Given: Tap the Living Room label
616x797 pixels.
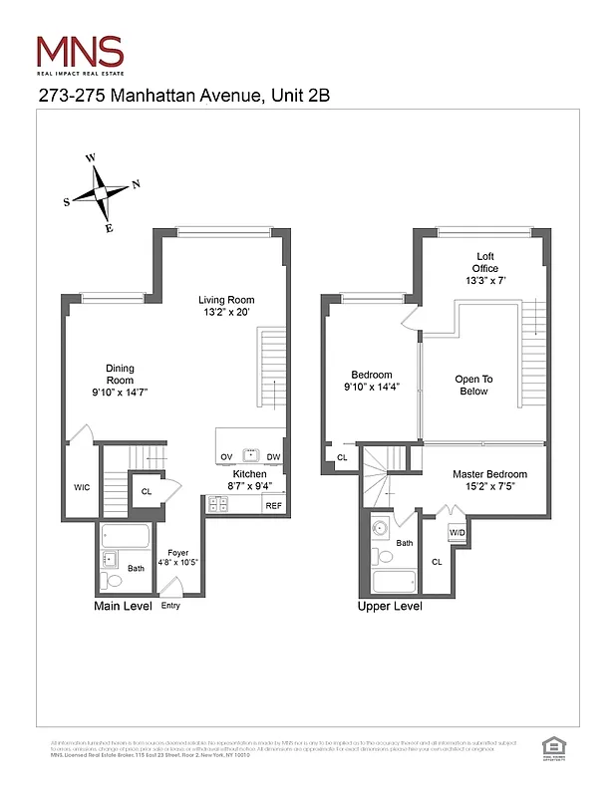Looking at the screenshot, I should coord(225,306).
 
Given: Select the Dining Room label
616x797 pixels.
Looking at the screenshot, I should coord(120,381).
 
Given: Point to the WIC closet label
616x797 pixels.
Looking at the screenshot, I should coord(82,487).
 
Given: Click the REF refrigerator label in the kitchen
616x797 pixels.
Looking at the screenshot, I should coord(273,506).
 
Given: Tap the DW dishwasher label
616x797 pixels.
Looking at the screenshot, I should coord(273,457).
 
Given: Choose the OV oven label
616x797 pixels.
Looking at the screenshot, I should coord(226,457).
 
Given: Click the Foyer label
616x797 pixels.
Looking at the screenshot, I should coord(177,556).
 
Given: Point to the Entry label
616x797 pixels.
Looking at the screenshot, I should coord(170,606).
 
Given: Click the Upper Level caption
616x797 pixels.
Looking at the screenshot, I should coord(389,606).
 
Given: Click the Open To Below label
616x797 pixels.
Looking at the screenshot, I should coord(473,385).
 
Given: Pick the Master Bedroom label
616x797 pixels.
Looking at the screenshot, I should coord(489,480).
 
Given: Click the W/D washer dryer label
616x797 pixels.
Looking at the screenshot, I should coord(457,533).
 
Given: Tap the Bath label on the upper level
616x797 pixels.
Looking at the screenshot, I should coord(404,543).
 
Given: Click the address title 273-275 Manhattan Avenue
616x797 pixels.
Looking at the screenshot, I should coord(183,96).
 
